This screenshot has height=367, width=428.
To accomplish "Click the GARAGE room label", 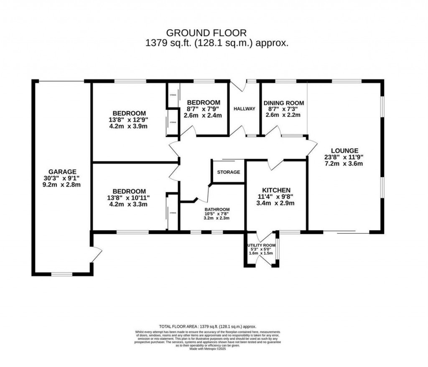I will point(62,171).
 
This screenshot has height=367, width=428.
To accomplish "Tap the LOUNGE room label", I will point(344,151).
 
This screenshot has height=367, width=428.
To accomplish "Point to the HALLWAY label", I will point(245,109).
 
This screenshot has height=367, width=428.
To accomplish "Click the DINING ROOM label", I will point(283,103).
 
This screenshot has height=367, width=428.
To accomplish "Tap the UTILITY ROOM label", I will point(261,245).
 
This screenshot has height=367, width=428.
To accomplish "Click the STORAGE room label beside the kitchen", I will point(229,172).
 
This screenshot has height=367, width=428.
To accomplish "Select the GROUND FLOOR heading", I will point(206,33).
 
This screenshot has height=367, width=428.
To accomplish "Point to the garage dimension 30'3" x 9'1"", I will point(62,178).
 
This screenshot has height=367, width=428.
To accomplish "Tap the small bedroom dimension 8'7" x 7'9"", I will point(204,109).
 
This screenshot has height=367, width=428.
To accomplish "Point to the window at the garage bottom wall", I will point(62,274).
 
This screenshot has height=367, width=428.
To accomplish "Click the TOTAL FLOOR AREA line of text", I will point(207,327).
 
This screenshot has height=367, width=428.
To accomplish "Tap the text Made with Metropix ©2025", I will point(207,349).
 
